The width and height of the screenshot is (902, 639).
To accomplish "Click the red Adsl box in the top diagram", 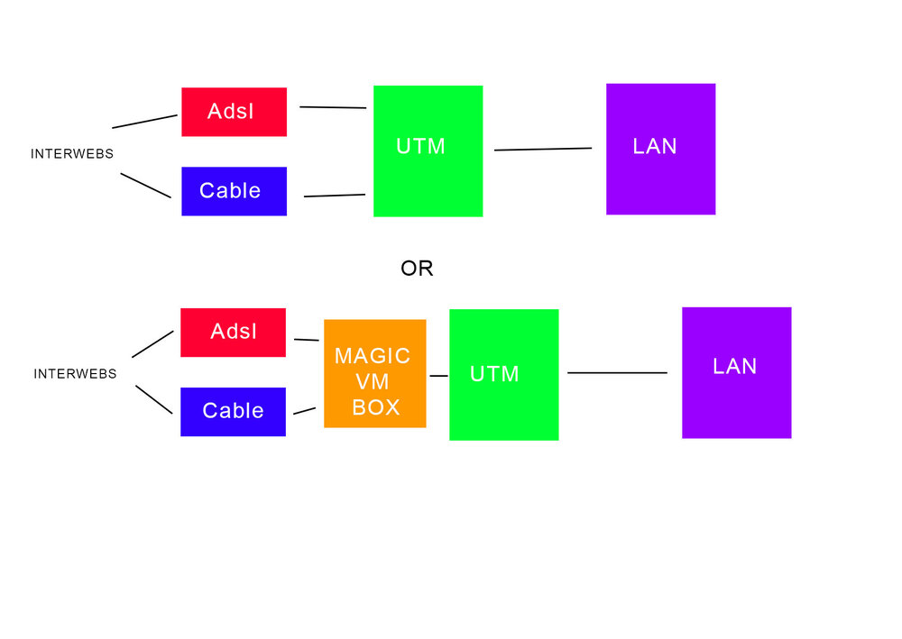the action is [x=235, y=112].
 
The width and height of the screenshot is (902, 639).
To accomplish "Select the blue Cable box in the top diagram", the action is [x=235, y=191].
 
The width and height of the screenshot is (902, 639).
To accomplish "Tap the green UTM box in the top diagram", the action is [x=428, y=151].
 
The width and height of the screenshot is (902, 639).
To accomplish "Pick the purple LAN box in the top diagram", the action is [x=661, y=150].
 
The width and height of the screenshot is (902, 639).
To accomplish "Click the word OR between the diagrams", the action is [x=417, y=269].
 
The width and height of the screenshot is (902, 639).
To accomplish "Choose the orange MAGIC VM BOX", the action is [x=375, y=373].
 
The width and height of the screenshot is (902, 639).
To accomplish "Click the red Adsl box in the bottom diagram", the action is [x=233, y=333].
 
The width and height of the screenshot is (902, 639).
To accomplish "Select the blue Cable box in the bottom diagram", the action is [x=233, y=412].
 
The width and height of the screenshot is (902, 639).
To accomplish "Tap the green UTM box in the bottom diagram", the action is [x=504, y=375].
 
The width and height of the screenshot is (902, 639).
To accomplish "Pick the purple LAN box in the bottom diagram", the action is [x=737, y=373].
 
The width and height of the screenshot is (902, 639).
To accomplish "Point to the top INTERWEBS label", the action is [x=72, y=154].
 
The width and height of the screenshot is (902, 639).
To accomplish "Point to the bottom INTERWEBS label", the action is [x=76, y=374].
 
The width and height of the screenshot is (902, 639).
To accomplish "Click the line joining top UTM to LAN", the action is [x=543, y=150].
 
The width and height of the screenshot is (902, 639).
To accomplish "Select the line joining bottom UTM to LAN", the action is [x=617, y=373].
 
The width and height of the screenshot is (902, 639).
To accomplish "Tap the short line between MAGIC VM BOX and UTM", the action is [x=439, y=376].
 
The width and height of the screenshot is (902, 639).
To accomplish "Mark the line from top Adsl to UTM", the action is [x=333, y=107].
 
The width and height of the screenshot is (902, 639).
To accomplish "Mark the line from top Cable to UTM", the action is [x=335, y=196].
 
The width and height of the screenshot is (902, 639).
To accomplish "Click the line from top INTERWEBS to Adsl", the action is [x=145, y=122].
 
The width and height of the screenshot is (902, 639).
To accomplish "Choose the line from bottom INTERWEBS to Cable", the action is [x=154, y=399].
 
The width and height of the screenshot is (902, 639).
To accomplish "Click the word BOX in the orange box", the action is [x=375, y=407].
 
